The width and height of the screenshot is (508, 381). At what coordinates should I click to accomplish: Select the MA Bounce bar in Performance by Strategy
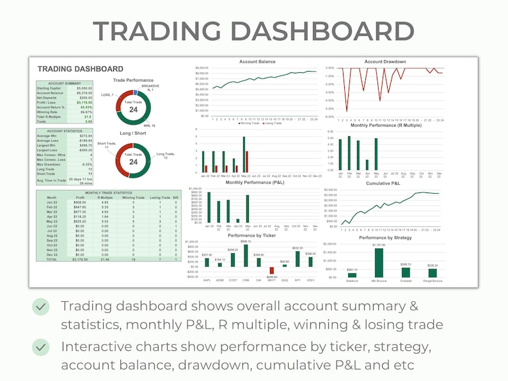coord(379,262)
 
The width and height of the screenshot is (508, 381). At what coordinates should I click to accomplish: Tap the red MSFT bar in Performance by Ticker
coord(271,270)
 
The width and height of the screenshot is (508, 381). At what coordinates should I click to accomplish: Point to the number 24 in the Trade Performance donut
coord(133,110)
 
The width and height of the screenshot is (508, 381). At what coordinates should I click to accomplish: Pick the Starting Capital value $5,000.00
coord(84,88)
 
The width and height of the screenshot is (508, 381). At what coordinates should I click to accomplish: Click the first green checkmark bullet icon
coord(41,307)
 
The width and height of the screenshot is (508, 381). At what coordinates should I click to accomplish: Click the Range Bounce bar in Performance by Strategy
coord(433,272)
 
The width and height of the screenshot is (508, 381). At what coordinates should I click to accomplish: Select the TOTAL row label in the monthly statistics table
coord(52,260)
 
